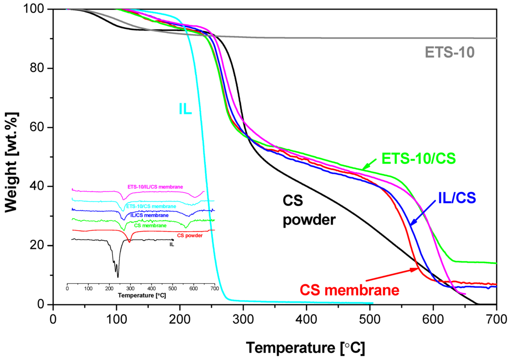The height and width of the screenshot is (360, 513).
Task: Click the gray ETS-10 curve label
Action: [450, 53]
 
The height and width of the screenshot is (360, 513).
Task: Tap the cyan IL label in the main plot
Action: [185, 109]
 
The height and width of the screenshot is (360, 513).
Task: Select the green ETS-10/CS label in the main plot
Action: [419, 158]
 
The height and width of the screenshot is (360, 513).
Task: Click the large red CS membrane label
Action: [349, 290]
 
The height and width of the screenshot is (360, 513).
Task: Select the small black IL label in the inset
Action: [172, 245]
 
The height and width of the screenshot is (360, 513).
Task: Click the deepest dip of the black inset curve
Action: [118, 276]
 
